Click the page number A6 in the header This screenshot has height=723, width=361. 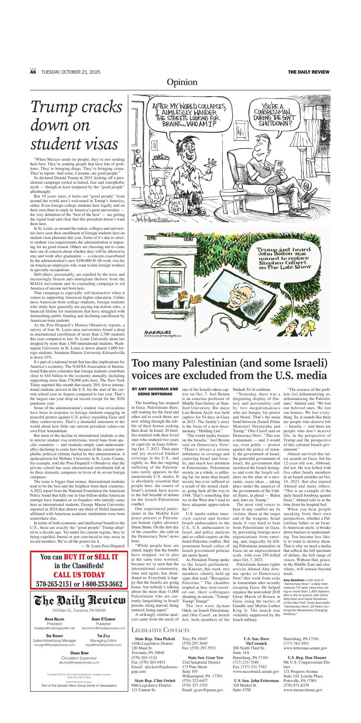pyautogui.click(x=33, y=72)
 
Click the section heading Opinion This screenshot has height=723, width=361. pyautogui.click(x=182, y=82)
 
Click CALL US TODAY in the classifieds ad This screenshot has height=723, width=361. pyautogui.click(x=79, y=574)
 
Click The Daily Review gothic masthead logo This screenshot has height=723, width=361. pyautogui.click(x=79, y=601)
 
